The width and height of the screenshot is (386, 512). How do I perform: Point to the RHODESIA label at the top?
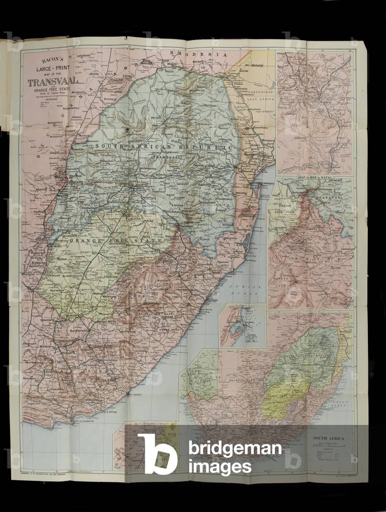pos(198,53)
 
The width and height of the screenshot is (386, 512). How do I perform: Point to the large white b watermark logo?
pos(157,454)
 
